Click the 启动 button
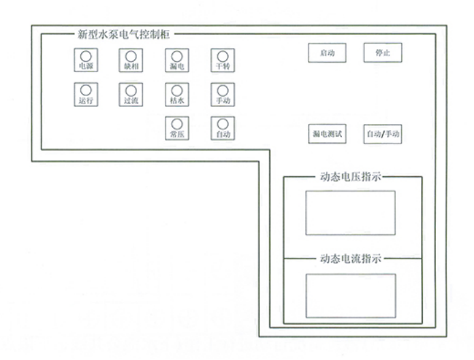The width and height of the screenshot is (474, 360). tap(327, 53)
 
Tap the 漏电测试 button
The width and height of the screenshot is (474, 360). tap(327, 134)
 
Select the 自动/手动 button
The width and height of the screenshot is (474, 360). tap(383, 134)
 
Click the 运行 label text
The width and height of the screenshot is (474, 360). tap(86, 101)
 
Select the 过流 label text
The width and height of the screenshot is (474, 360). tap(131, 101)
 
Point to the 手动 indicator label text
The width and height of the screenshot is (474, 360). tap(223, 101)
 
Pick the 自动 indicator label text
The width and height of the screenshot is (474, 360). tap(223, 134)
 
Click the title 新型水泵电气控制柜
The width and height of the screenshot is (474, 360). tap(123, 34)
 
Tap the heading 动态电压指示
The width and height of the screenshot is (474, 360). tap(350, 177)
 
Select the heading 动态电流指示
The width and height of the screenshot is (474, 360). tap(350, 259)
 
